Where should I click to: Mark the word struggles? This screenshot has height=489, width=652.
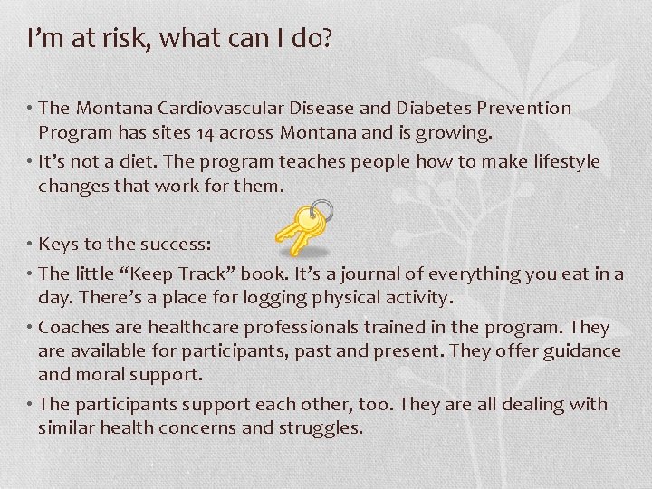tap(320, 428)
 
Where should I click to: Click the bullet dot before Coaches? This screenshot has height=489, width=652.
tap(30, 327)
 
